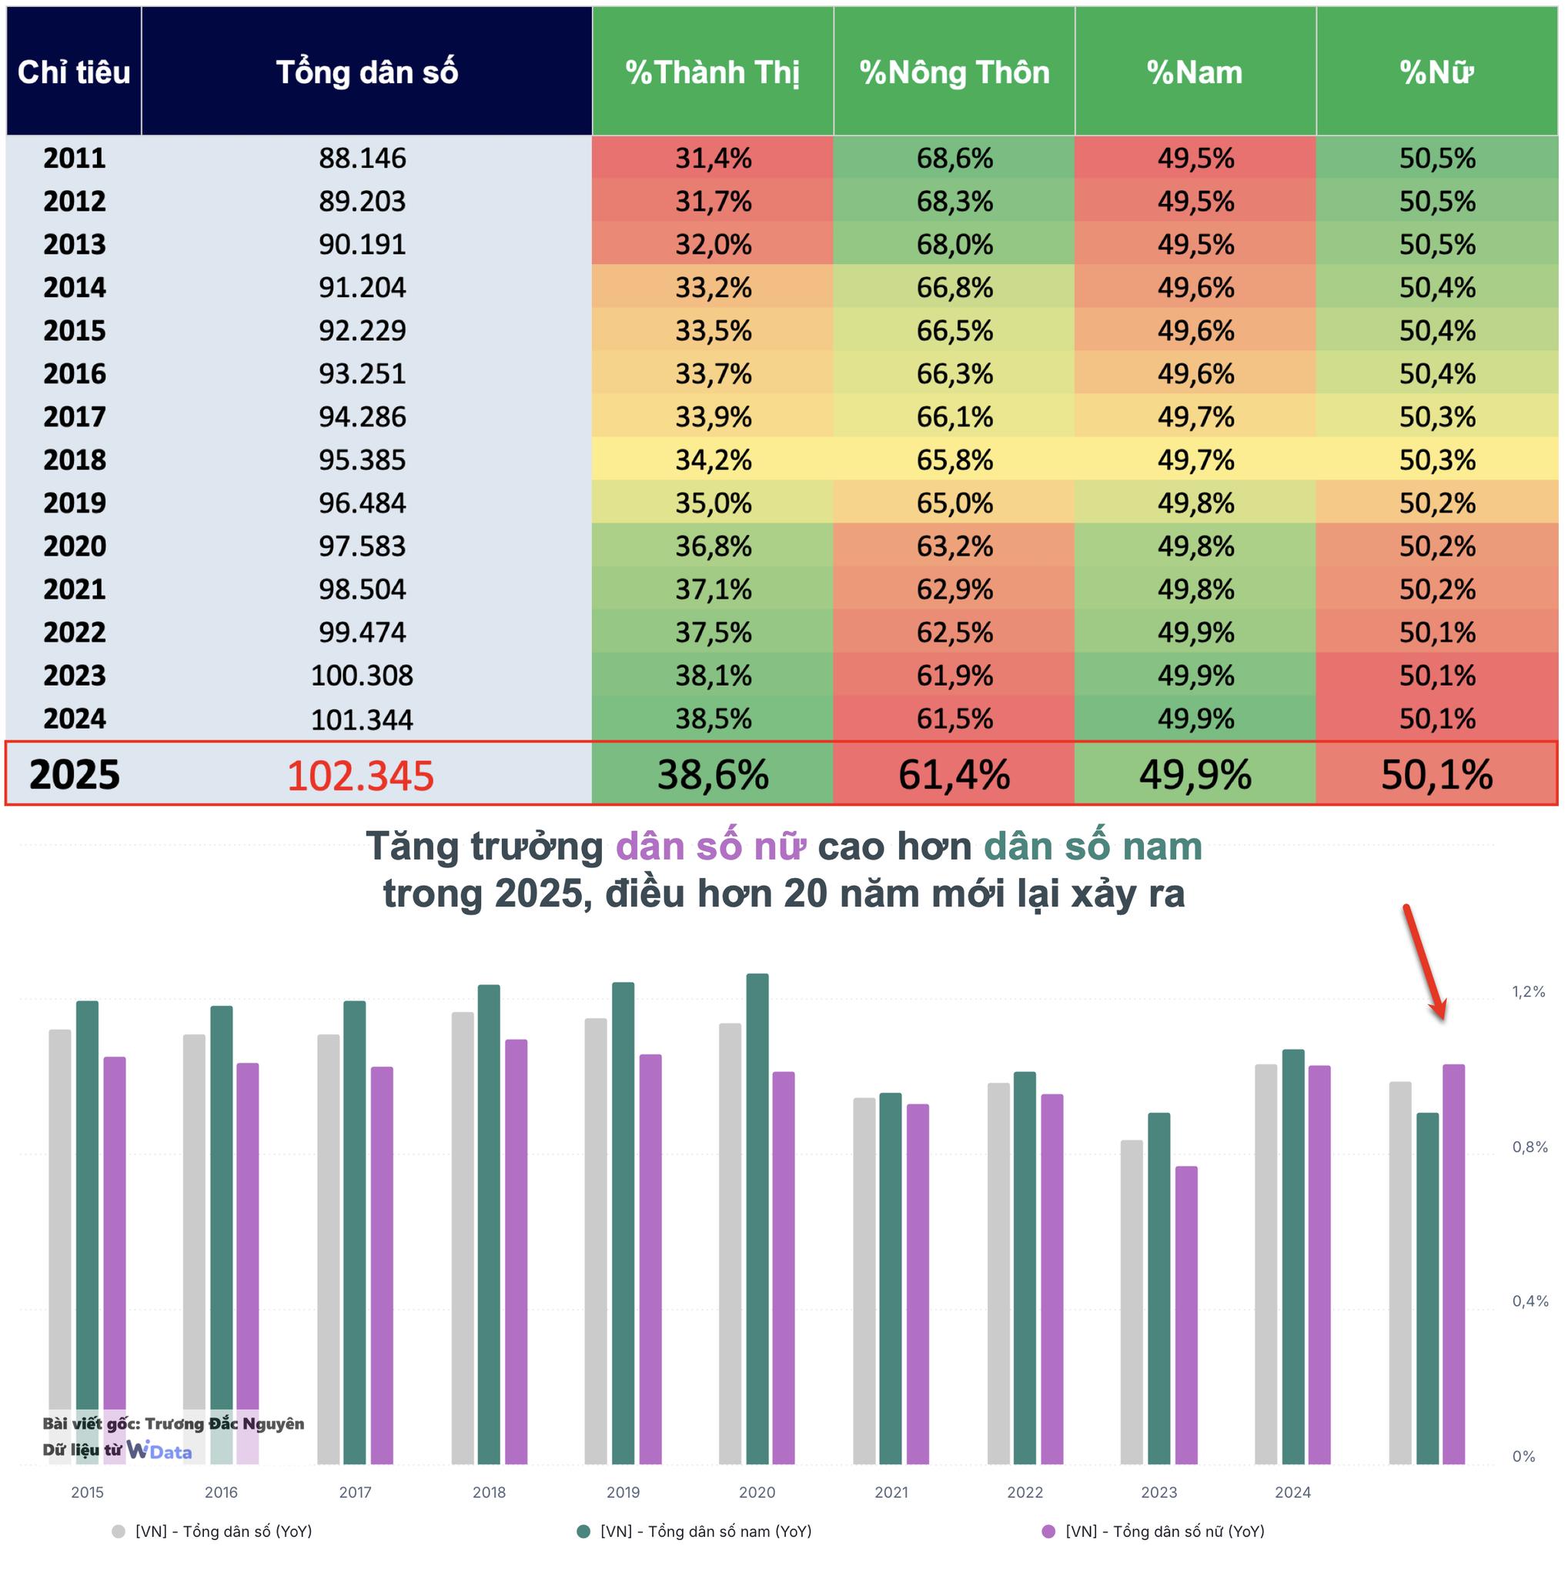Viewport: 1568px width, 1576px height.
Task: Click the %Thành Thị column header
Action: coord(712,72)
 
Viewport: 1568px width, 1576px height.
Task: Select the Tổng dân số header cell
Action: coord(366,72)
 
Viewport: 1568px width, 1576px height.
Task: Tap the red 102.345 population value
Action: coord(359,775)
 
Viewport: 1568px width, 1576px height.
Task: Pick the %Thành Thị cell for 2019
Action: coord(712,503)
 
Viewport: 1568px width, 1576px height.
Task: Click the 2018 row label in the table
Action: coord(74,460)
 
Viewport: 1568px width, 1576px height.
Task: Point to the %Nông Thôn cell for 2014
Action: coord(954,287)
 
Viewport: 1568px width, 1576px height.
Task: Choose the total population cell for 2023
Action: coord(362,676)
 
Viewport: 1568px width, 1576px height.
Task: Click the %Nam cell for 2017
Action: coord(1195,417)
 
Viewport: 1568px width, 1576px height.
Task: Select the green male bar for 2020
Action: coord(757,1224)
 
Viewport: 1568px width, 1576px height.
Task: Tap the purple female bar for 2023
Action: coord(1186,1321)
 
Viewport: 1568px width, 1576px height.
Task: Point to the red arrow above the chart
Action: coord(1423,963)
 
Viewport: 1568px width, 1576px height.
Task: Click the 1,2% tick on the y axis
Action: coord(1528,992)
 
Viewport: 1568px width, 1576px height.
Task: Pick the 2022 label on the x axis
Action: coord(1025,1493)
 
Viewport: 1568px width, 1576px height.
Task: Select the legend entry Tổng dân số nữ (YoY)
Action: coord(1163,1532)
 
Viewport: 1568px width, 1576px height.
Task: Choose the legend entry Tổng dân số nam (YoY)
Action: coord(705,1532)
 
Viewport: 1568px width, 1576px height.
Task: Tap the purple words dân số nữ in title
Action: coord(710,846)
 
